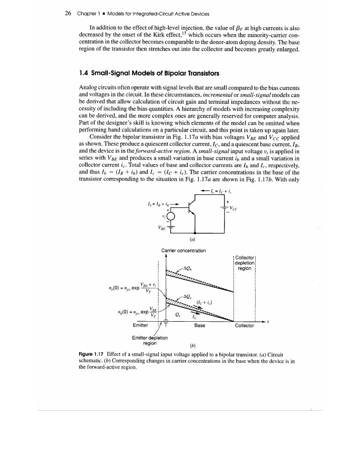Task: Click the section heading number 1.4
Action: [85, 74]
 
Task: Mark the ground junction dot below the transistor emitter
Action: [197, 232]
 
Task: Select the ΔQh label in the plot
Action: [187, 269]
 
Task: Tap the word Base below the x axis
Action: [199, 326]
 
